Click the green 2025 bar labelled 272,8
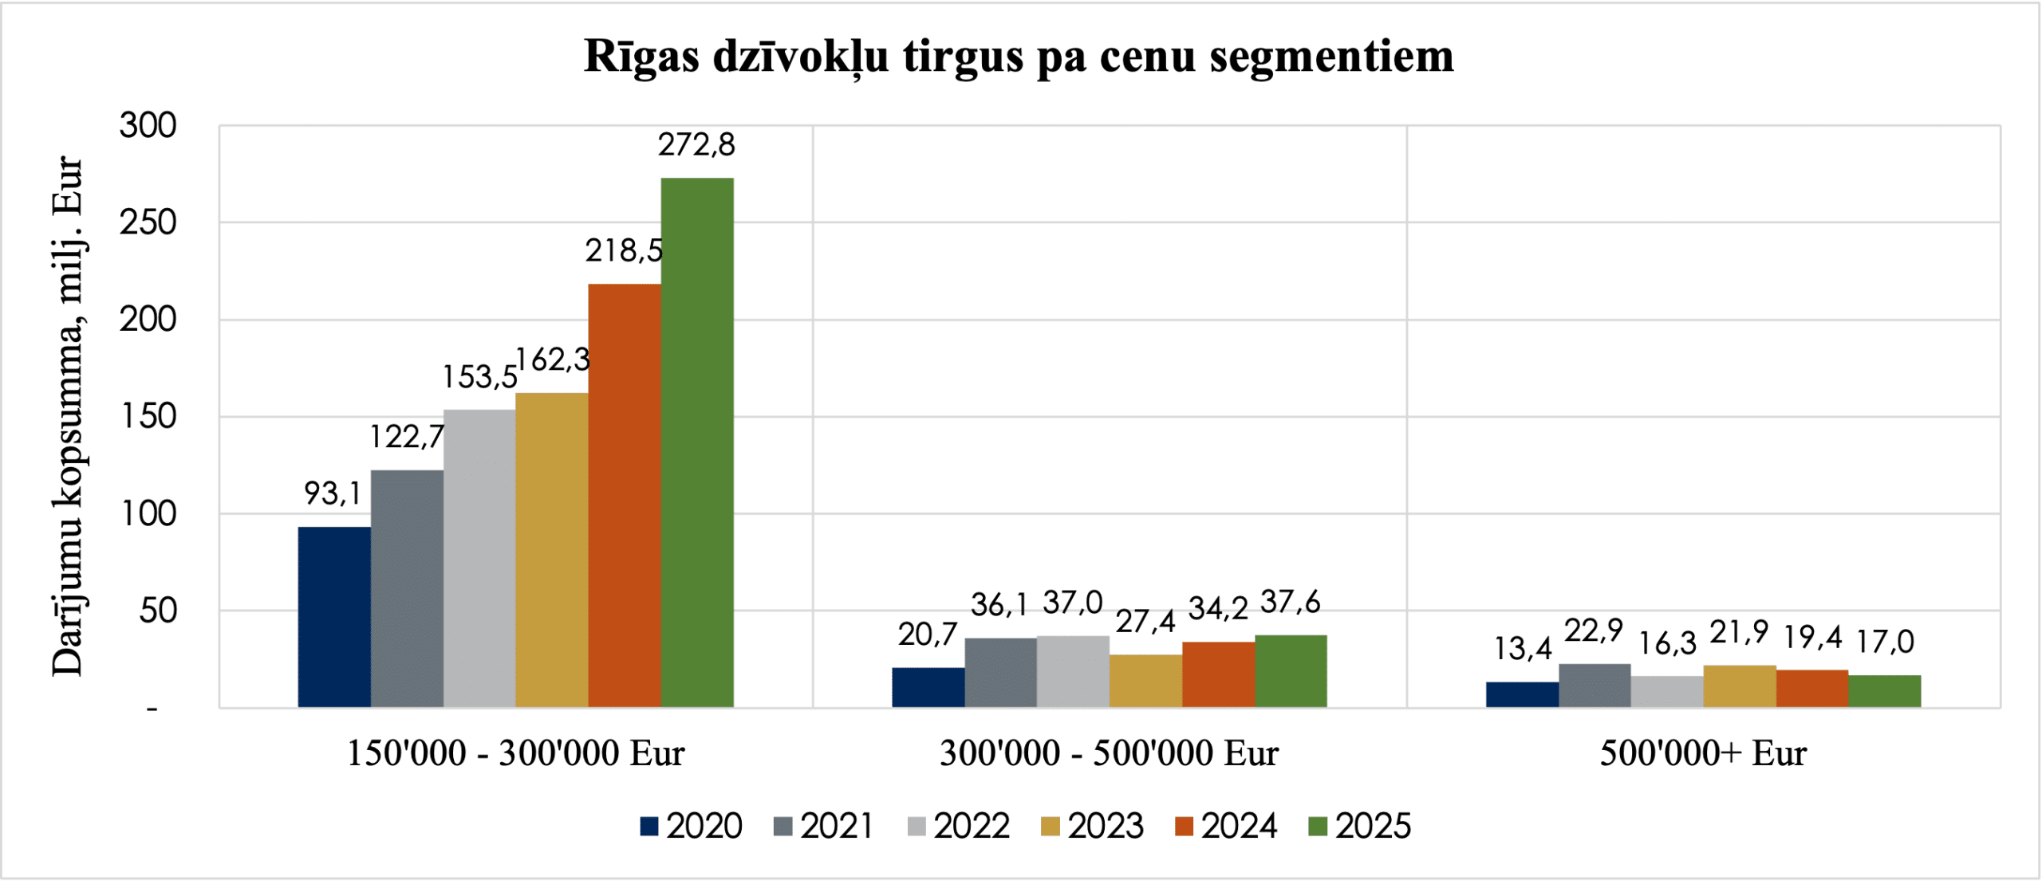pos(696,442)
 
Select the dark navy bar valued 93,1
pos(334,617)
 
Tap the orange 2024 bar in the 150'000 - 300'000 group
pos(624,495)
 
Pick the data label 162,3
pos(553,360)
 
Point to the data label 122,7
pos(407,437)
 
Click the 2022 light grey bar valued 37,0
pos(1073,671)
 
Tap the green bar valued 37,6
pos(1291,671)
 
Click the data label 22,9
pos(1594,631)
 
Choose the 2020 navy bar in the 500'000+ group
pos(1522,694)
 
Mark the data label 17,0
pos(1885,642)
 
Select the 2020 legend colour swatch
pos(649,827)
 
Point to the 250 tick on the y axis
pos(148,223)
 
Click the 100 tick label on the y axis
pos(148,514)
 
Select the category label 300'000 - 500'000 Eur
pos(1109,753)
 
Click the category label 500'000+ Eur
pos(1703,753)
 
